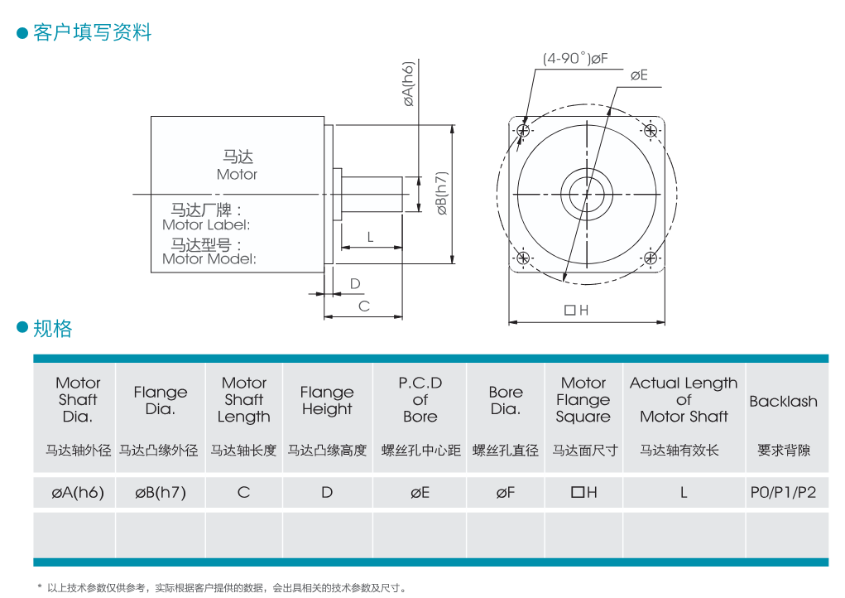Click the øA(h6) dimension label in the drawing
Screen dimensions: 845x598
point(409,84)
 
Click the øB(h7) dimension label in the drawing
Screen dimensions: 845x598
point(442,193)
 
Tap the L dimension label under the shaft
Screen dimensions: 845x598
point(370,237)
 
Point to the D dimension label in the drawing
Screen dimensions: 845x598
point(354,283)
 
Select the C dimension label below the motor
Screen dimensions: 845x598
point(364,306)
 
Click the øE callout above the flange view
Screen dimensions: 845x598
point(639,75)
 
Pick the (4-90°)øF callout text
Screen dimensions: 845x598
point(575,58)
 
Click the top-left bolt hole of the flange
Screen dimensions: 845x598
point(523,131)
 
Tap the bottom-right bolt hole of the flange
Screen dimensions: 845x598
point(651,258)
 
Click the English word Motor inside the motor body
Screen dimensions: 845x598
point(238,175)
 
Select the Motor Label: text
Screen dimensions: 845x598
point(206,224)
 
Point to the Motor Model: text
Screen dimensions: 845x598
point(209,258)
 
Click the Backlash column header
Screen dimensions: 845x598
point(783,401)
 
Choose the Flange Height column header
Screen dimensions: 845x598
point(327,401)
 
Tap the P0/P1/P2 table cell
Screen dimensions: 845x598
point(783,492)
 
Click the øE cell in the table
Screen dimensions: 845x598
point(420,492)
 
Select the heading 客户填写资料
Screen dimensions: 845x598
point(92,32)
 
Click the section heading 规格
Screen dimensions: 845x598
point(53,328)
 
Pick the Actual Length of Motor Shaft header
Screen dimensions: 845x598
point(684,400)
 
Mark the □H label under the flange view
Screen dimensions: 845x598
point(577,310)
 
